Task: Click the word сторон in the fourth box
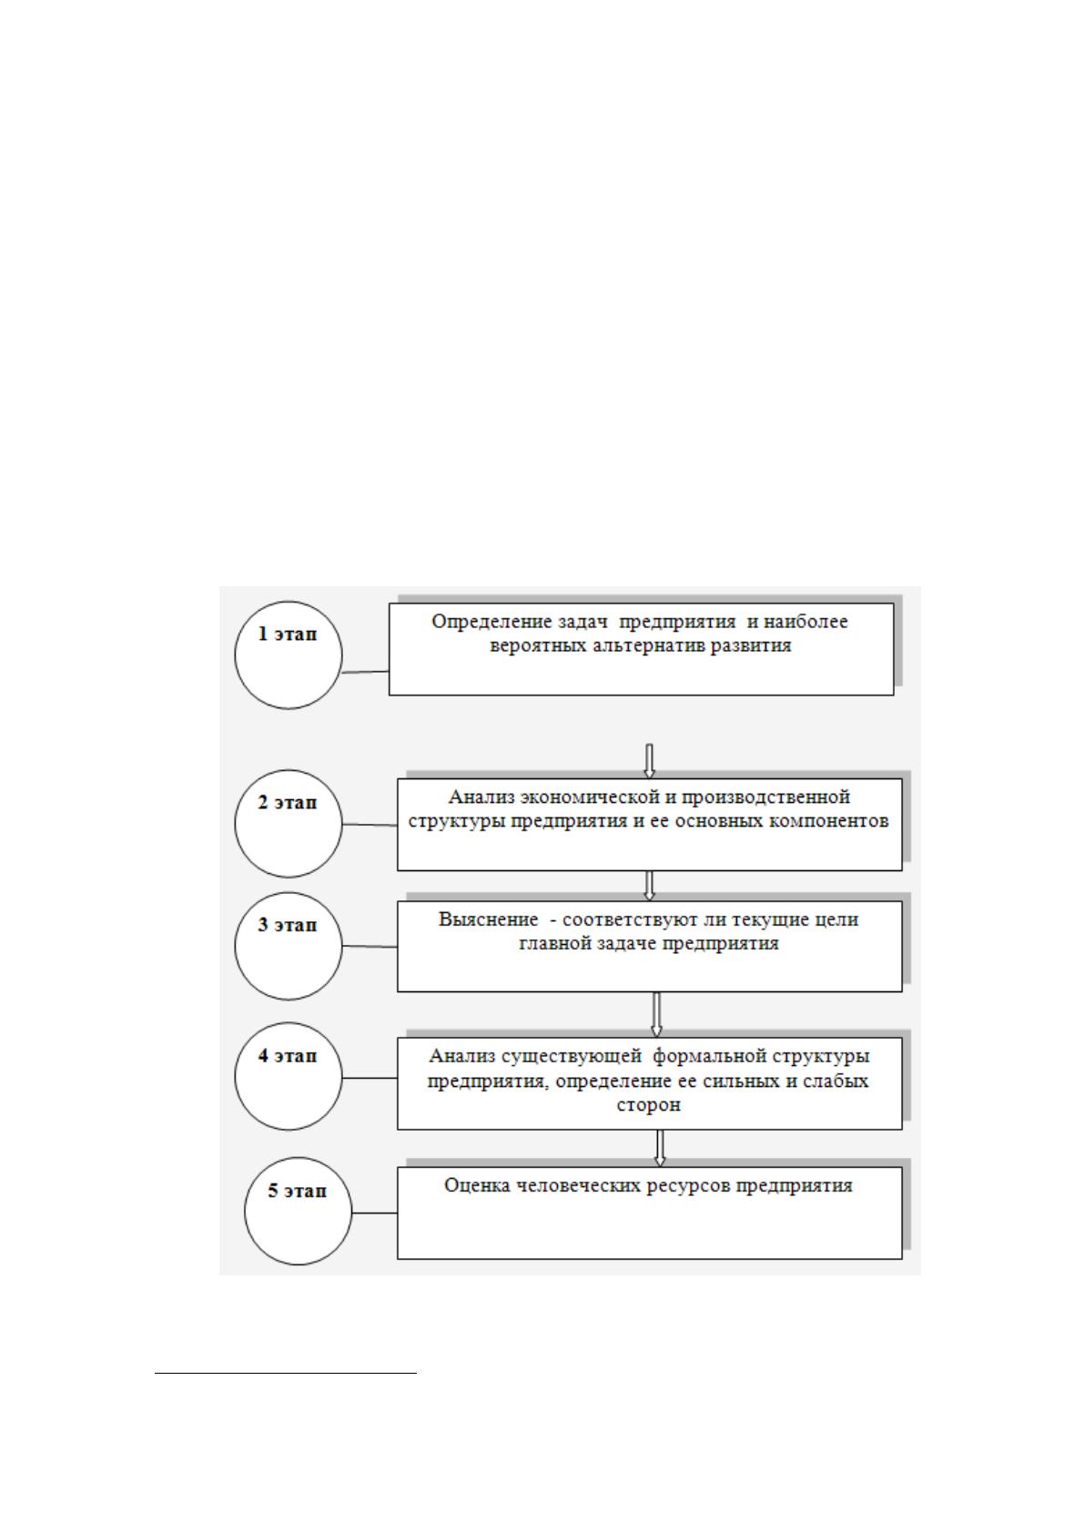tap(648, 1105)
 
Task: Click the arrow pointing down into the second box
tap(650, 761)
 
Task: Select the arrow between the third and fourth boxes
tap(656, 1015)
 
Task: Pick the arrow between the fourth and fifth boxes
tap(660, 1148)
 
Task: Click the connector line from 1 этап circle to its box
tap(366, 672)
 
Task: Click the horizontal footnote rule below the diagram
tap(286, 1373)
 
